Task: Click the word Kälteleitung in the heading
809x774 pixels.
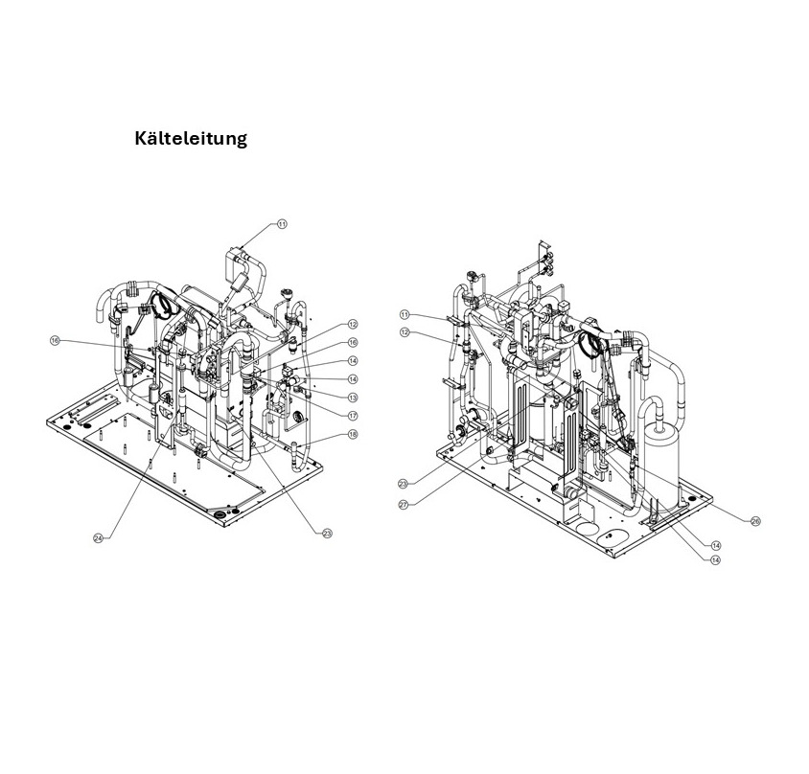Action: pyautogui.click(x=191, y=139)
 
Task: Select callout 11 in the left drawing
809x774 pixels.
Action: pyautogui.click(x=282, y=223)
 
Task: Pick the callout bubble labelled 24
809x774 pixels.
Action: pyautogui.click(x=98, y=538)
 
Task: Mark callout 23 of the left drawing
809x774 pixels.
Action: pyautogui.click(x=326, y=533)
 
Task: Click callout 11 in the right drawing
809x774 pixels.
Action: pyautogui.click(x=404, y=314)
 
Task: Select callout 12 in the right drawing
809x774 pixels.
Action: pyautogui.click(x=404, y=332)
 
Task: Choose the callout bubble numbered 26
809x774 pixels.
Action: pyautogui.click(x=755, y=521)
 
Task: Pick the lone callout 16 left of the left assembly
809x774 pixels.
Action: pyautogui.click(x=55, y=340)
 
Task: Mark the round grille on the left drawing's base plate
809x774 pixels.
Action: pyautogui.click(x=220, y=516)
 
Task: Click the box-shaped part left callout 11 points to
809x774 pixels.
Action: pyautogui.click(x=236, y=259)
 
